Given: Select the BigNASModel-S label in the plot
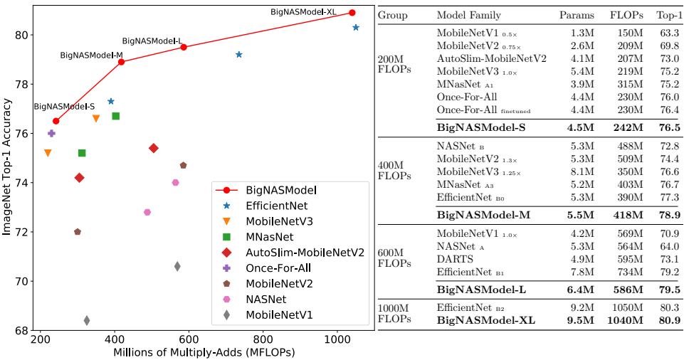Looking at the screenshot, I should [64, 107].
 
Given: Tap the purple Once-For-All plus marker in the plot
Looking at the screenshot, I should [51, 133].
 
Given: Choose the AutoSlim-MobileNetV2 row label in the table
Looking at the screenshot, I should [491, 58].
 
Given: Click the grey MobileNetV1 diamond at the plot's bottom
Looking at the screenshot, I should [87, 321].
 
